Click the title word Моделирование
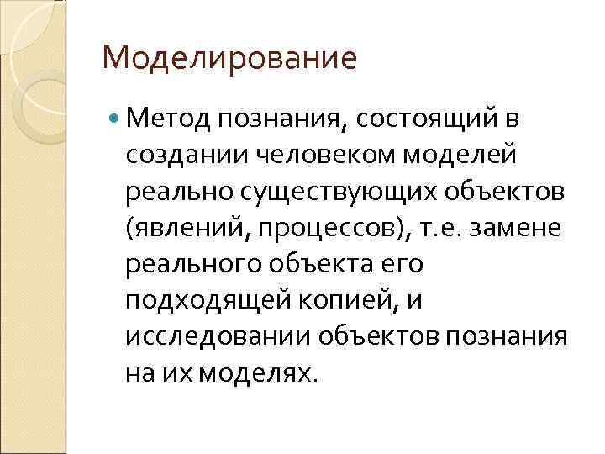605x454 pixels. pos(229,59)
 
